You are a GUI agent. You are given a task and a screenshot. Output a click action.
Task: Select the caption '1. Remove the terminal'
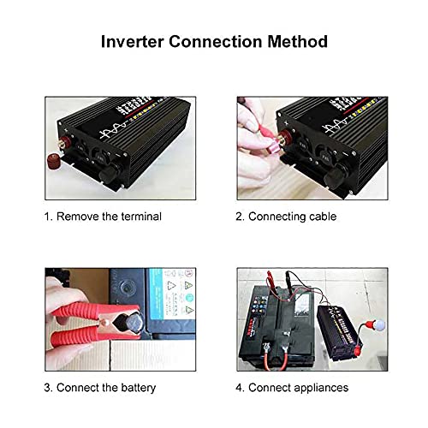(x=103, y=217)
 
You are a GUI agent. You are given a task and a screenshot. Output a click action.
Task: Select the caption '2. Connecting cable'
(x=286, y=217)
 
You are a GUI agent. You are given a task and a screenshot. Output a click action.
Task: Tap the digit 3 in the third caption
(x=48, y=387)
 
